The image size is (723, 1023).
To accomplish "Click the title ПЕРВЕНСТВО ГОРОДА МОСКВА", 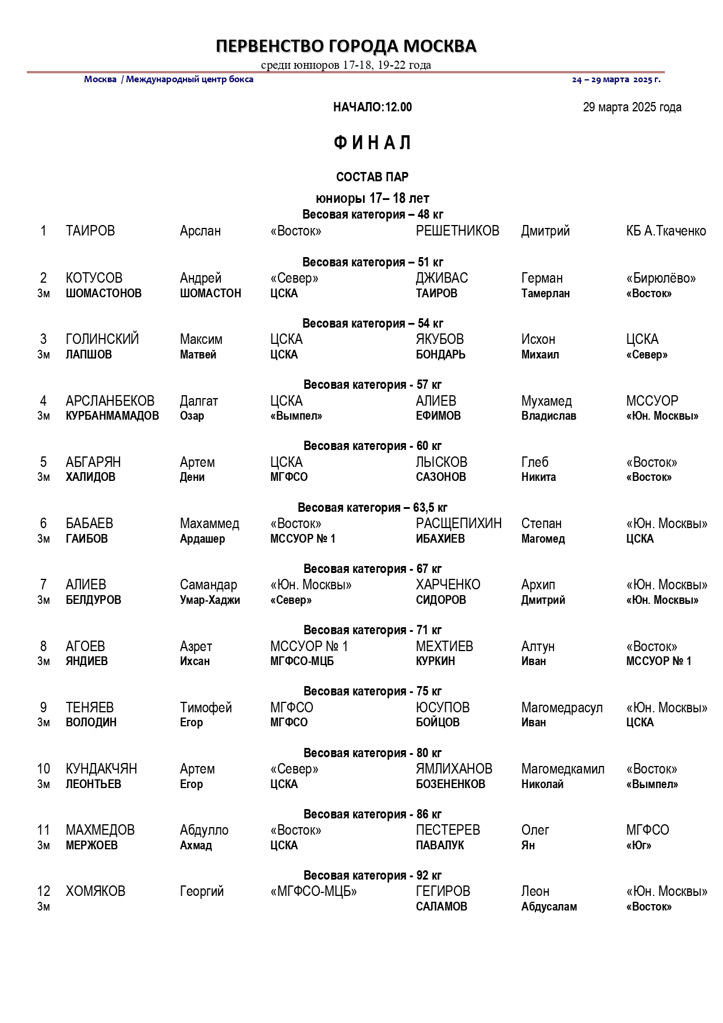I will pos(346,46).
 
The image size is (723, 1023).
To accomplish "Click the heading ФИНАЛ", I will pos(372,143).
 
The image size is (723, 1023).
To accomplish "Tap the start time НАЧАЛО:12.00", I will pos(372,107).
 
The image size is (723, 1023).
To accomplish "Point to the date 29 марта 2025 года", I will pos(632,107).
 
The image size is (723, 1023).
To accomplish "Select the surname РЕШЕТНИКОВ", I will pos(457,231).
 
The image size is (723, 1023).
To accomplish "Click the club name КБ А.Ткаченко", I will pos(665,231).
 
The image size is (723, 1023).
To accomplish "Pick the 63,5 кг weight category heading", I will pos(372,508).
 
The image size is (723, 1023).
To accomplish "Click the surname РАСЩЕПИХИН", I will pos(459,523).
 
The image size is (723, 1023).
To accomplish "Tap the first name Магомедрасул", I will pos(562,708).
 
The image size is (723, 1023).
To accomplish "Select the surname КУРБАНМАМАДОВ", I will pos(112,416).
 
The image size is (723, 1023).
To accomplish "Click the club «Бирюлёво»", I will pos(661,278).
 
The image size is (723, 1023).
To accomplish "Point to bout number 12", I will pos(44,891).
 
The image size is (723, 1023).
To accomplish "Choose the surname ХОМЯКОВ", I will pos(96,891).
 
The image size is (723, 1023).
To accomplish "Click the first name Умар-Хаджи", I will pos(210,600).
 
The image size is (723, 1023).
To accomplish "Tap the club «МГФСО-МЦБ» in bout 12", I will pos(313,891).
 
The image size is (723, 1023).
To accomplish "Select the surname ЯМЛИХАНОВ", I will pos(454,769).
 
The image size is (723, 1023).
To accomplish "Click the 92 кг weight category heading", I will pos(372,876).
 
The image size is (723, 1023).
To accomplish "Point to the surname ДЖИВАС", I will pos(442,278).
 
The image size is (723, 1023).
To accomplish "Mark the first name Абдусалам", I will pos(549,906).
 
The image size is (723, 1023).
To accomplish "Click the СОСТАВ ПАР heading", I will pos(372,177).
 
